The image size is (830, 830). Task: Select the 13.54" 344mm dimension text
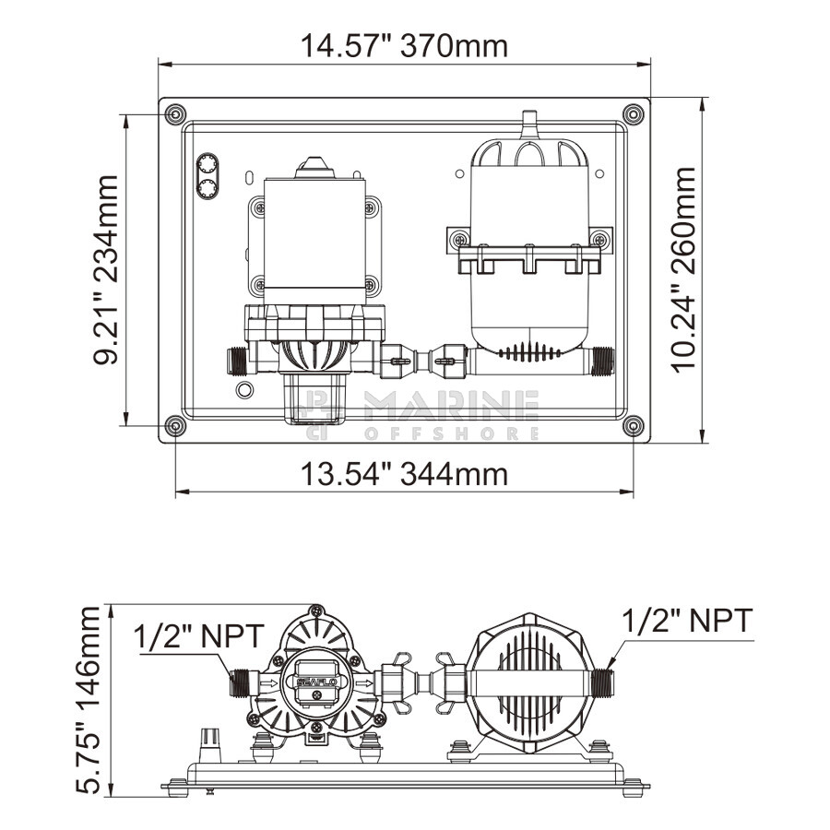click(x=405, y=474)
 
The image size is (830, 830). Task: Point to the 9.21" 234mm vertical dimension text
click(x=105, y=270)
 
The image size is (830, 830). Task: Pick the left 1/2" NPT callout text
click(x=198, y=636)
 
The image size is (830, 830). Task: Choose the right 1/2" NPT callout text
click(x=687, y=621)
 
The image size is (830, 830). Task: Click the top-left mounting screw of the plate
click(x=175, y=113)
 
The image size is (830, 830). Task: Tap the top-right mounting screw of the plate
click(x=633, y=113)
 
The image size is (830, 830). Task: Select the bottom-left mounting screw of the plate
click(x=175, y=425)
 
